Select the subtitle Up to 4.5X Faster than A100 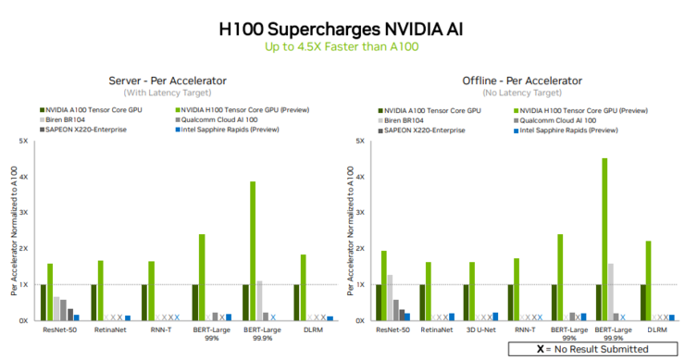pos(342,46)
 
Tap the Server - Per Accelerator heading pos(168,81)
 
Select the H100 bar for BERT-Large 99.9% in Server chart pos(252,251)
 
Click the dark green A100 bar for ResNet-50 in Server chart pos(43,302)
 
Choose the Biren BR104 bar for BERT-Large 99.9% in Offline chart pos(611,292)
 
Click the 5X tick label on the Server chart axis pos(24,142)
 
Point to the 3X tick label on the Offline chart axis pos(359,213)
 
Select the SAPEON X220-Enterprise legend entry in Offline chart pos(427,130)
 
